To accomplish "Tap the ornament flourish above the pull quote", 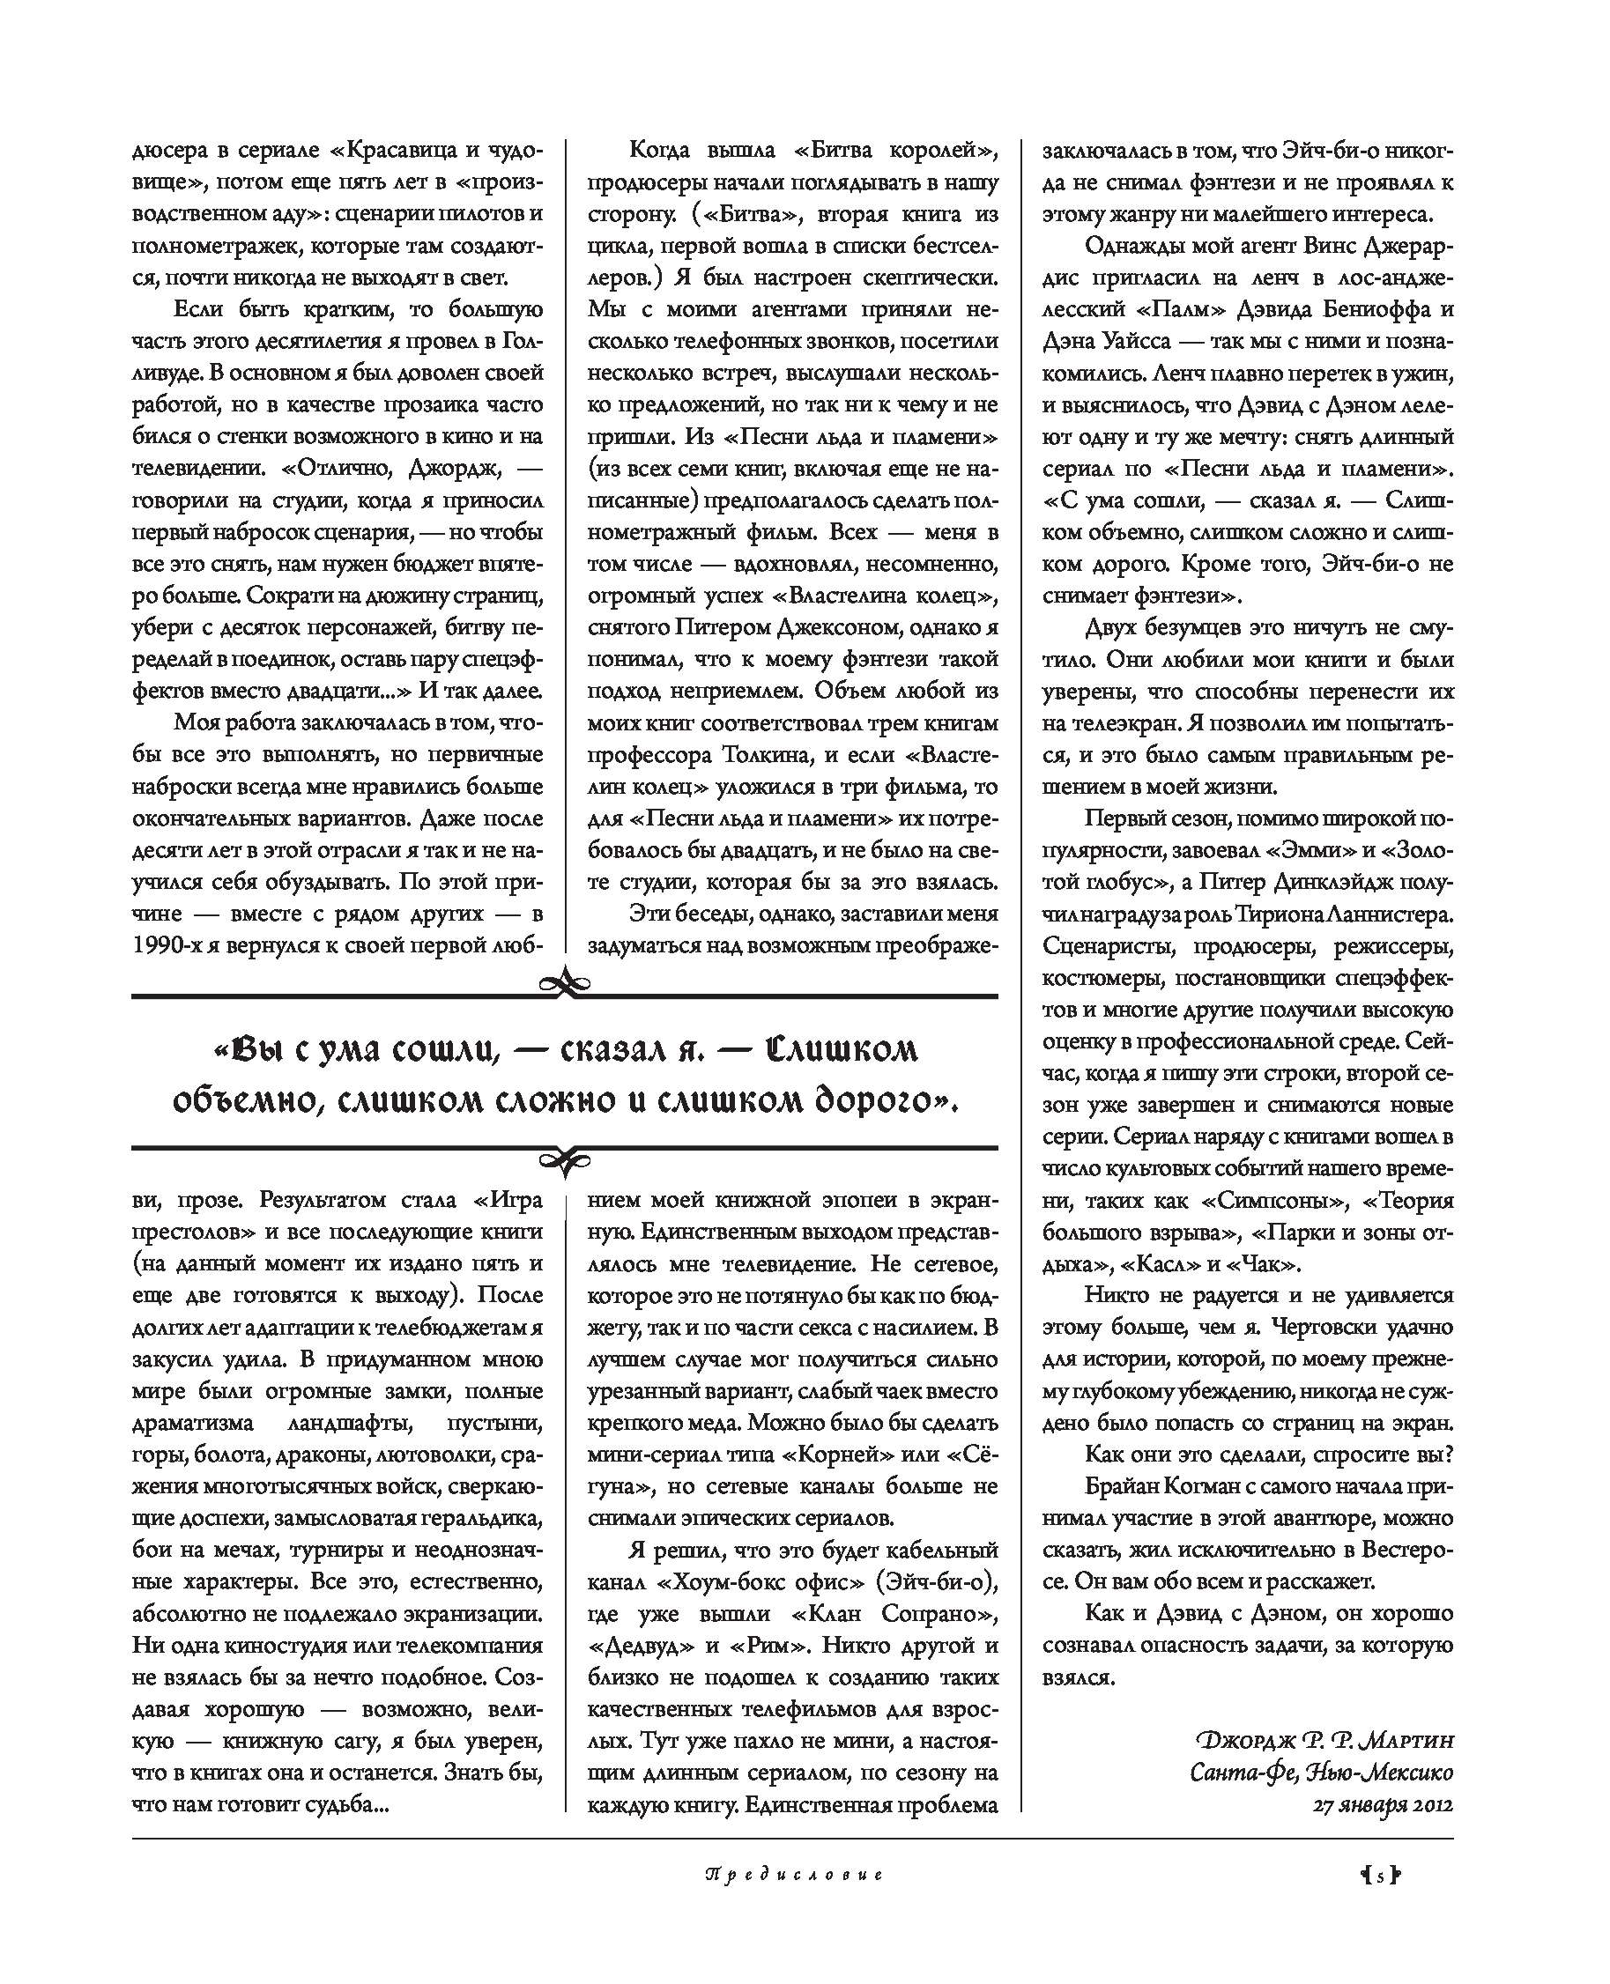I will coord(564,982).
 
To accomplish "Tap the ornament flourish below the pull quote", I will coord(564,1159).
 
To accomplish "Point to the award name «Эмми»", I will coord(1311,850).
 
